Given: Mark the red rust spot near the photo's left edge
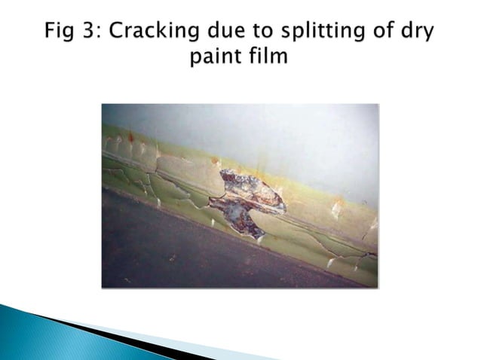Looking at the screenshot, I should coord(130,138).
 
